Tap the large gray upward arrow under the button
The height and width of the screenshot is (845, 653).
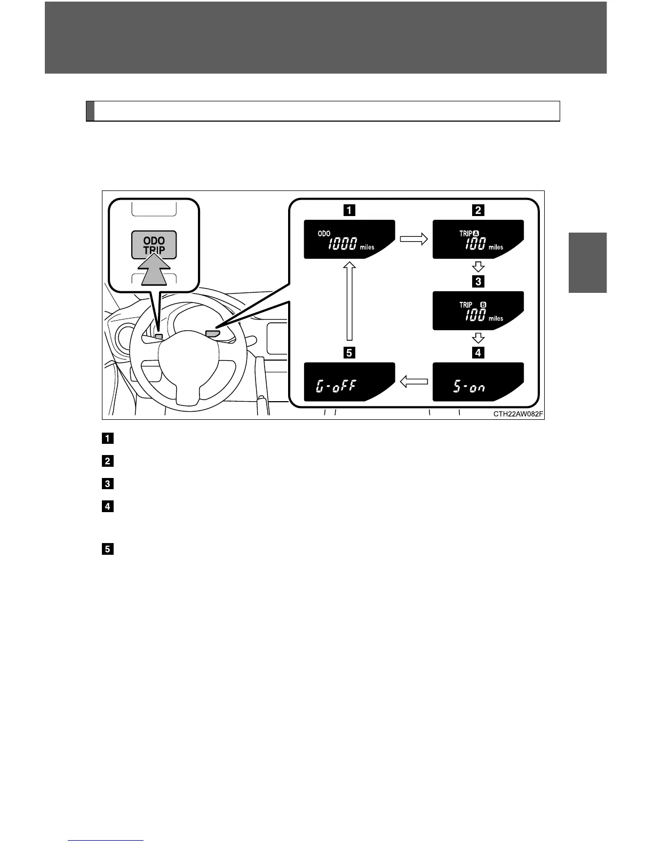pyautogui.click(x=154, y=271)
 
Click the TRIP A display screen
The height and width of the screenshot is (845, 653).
pyautogui.click(x=477, y=240)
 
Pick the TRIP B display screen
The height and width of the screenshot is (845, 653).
pyautogui.click(x=477, y=311)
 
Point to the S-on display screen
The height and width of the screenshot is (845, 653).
pyautogui.click(x=477, y=382)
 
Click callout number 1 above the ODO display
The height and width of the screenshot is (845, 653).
pyautogui.click(x=349, y=210)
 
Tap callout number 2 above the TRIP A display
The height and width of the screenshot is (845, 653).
pyautogui.click(x=478, y=210)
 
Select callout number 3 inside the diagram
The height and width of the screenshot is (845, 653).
pyautogui.click(x=478, y=281)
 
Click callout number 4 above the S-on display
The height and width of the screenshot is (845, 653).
pyautogui.click(x=478, y=353)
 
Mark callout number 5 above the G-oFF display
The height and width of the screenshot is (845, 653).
pyautogui.click(x=349, y=353)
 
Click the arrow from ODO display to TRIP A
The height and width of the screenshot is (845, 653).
pyautogui.click(x=413, y=240)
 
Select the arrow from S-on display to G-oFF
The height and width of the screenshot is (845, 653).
pyautogui.click(x=413, y=381)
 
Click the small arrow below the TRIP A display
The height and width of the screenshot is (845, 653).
pyautogui.click(x=478, y=266)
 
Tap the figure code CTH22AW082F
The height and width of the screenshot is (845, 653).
pyautogui.click(x=517, y=414)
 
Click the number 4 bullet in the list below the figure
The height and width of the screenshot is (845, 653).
pyautogui.click(x=107, y=506)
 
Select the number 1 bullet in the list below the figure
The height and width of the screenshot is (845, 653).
pyautogui.click(x=107, y=439)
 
